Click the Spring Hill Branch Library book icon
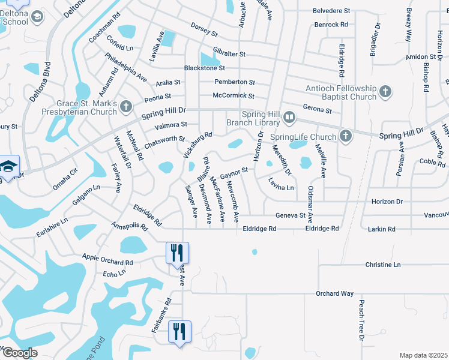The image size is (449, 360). point(289,116)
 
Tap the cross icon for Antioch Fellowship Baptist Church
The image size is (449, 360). point(385,92)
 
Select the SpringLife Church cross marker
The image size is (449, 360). point(345,136)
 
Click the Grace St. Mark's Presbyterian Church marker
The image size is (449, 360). point(125,107)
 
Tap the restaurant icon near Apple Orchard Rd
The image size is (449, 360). point(178,252)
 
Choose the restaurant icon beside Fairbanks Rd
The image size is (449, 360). point(179,331)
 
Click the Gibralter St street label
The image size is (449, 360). point(229,54)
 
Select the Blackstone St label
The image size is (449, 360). point(203,68)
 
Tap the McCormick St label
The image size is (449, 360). point(234,96)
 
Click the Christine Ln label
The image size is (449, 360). point(382,265)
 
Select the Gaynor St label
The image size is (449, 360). point(234,173)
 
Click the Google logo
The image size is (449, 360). point(19,353)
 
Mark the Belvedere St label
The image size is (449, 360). point(331,11)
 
